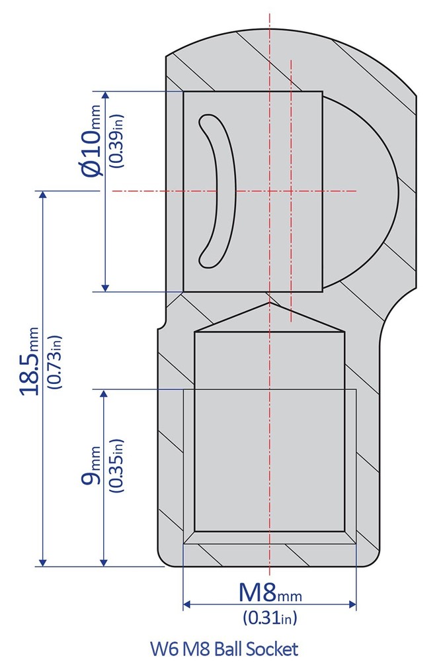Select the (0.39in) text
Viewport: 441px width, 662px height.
point(117,140)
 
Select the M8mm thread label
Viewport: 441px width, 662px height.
point(269,592)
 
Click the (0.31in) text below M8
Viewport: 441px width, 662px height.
point(270,618)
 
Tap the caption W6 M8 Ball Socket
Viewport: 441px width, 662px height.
point(224,648)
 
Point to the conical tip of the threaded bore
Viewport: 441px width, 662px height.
point(269,306)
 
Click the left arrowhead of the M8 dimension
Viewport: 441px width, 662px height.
point(187,604)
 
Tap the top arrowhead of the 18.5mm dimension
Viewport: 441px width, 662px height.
point(44,196)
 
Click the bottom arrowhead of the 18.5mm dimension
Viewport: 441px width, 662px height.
point(44,562)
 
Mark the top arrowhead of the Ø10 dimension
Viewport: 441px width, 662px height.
point(105,96)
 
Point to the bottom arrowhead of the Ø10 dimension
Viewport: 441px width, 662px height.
point(105,286)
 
